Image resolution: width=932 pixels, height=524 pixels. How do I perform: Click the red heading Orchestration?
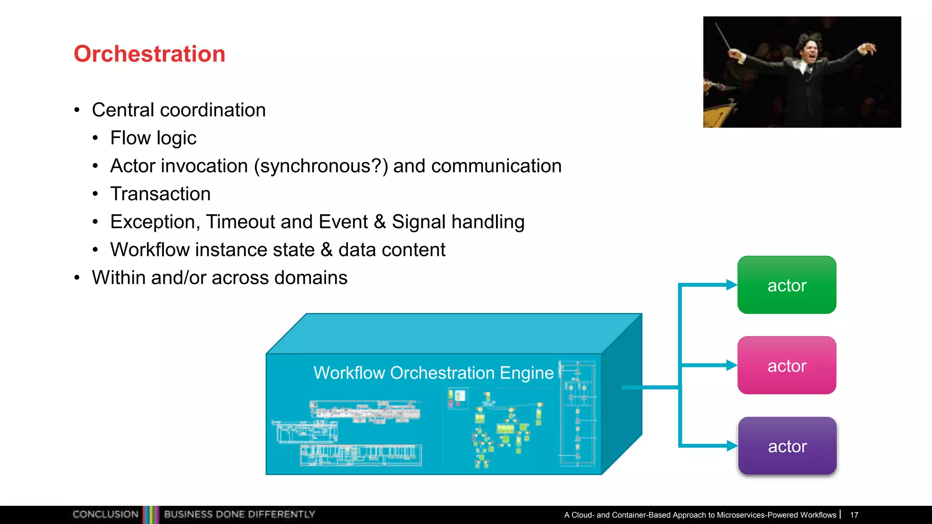149,54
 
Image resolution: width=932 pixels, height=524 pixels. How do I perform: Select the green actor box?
786,285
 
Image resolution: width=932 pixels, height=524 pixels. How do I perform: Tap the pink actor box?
786,365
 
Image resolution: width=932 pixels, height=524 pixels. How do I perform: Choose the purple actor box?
787,446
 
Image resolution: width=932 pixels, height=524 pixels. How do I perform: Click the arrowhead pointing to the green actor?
731,285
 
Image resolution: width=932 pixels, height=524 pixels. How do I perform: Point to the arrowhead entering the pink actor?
731,365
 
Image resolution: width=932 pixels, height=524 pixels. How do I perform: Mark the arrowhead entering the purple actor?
731,446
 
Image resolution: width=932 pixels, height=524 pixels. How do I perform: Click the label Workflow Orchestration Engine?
433,373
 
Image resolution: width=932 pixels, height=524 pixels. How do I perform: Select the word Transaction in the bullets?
160,194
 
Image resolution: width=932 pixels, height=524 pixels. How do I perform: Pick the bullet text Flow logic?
153,138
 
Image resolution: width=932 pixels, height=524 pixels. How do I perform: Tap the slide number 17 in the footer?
854,515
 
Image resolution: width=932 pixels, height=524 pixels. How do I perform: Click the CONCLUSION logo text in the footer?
105,514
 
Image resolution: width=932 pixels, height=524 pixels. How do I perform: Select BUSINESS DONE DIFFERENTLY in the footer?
239,514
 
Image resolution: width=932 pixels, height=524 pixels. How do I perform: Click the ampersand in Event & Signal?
380,222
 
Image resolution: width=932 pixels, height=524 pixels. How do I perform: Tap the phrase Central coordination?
178,110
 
